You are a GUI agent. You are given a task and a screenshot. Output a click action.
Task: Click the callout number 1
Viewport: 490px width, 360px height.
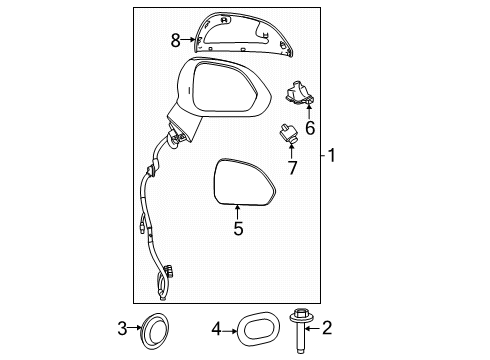[334, 156]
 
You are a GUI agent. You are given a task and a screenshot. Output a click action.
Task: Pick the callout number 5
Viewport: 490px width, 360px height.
[238, 228]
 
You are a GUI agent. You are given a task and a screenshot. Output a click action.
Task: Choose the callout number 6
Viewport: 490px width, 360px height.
[310, 128]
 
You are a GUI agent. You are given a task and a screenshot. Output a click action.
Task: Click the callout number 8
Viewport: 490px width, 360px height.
[176, 41]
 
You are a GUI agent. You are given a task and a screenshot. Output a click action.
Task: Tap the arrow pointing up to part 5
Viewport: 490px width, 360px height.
[238, 210]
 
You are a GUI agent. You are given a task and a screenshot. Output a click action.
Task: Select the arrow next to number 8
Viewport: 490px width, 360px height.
[191, 41]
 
